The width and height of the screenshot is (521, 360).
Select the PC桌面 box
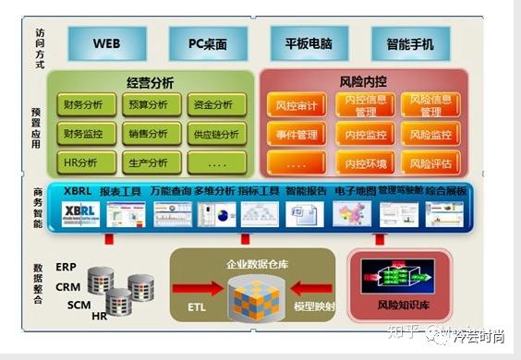click(210, 43)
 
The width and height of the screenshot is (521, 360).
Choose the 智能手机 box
click(410, 43)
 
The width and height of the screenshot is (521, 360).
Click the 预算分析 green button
click(149, 105)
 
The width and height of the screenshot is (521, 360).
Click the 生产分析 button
click(149, 163)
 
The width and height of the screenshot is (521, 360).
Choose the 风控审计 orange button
click(297, 105)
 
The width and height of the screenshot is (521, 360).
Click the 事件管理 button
click(297, 135)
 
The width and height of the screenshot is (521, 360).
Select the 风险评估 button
click(430, 163)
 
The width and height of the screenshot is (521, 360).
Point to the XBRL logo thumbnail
click(81, 214)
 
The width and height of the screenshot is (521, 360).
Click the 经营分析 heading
click(150, 81)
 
